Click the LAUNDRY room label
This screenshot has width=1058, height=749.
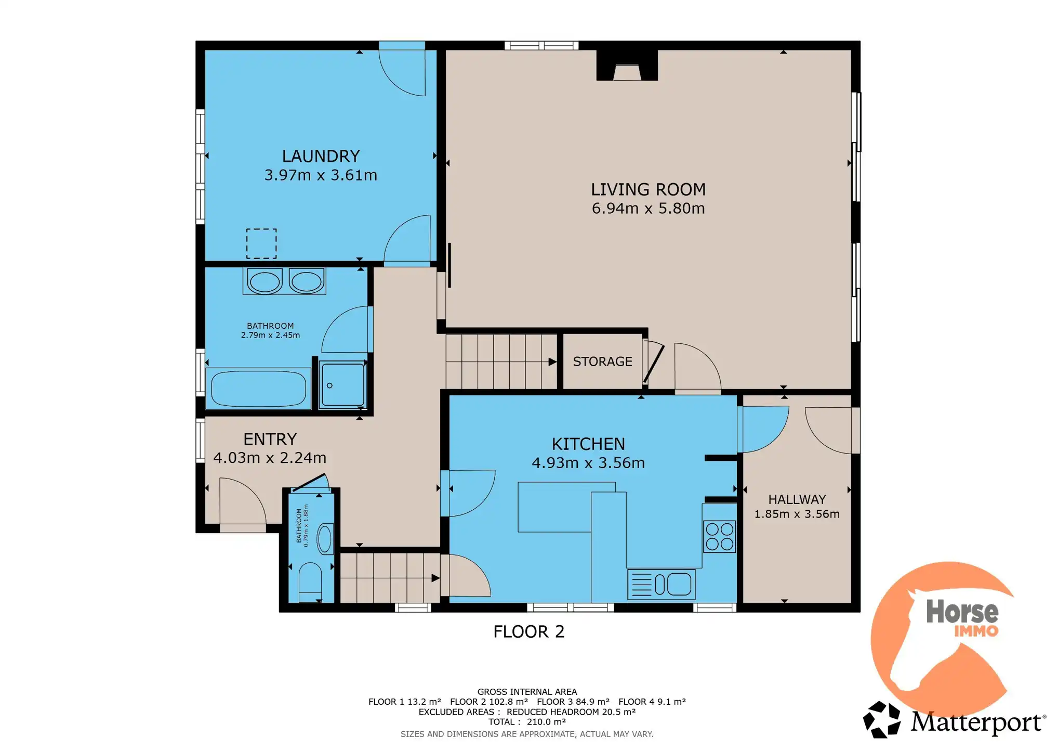(321, 156)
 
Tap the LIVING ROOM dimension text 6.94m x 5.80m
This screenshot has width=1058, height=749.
(648, 209)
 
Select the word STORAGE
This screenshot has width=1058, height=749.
(602, 361)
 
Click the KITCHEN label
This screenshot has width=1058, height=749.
(588, 444)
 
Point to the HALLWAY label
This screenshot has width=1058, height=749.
(797, 499)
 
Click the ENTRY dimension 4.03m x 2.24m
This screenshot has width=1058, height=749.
(270, 458)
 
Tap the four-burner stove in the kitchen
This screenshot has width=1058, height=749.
(719, 536)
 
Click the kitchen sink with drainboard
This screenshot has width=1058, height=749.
(661, 584)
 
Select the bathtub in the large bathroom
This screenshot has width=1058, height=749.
(258, 388)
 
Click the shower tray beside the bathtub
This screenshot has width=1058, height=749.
(342, 384)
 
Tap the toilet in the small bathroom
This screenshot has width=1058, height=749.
(310, 582)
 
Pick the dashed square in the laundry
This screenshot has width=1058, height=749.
(261, 243)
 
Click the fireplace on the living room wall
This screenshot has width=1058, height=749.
(627, 66)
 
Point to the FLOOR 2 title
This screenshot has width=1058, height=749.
(528, 631)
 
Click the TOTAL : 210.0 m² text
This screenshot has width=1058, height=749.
(526, 722)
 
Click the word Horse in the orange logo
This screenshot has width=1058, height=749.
(962, 611)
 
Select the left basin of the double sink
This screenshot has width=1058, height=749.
(265, 282)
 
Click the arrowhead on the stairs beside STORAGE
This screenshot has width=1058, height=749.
(552, 362)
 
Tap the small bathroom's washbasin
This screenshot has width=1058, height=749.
(325, 539)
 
